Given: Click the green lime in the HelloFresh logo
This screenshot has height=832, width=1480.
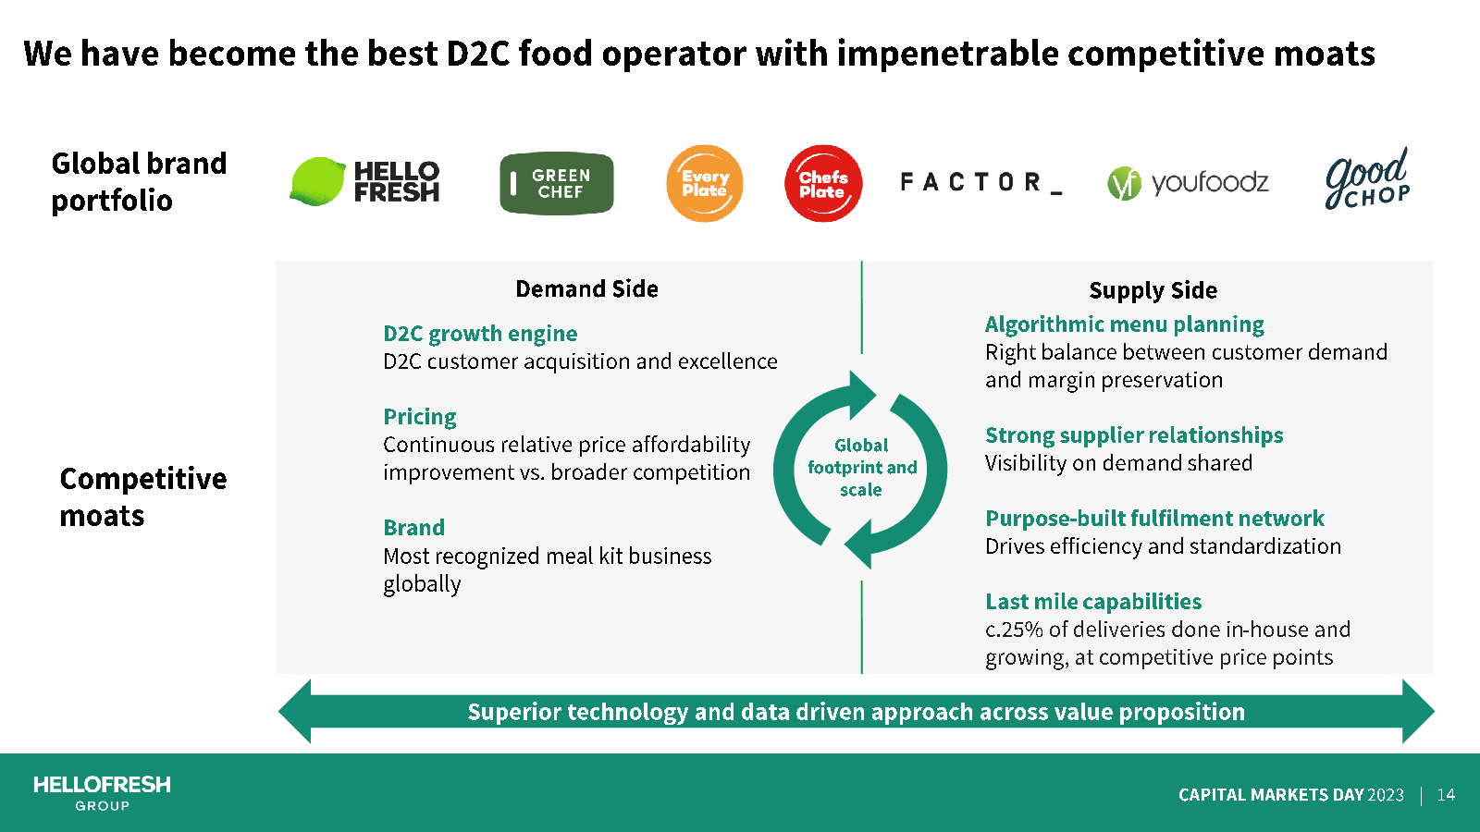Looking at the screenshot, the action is [x=318, y=181].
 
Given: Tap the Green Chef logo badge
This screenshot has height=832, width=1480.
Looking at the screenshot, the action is [x=556, y=183].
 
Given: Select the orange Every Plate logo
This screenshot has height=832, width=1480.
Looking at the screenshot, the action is [x=704, y=183].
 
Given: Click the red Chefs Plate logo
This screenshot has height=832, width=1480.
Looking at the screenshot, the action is [x=823, y=183].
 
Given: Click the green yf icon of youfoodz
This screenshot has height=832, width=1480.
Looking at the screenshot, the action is [x=1124, y=183].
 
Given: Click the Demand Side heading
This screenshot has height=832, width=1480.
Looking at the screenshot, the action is [x=586, y=288].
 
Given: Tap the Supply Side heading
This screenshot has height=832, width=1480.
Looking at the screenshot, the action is [x=1153, y=290].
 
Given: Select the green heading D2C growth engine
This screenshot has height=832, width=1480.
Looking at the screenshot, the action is [x=480, y=334].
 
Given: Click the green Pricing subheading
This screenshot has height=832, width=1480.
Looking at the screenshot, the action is [x=420, y=417].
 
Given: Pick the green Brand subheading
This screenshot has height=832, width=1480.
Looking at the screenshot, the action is [x=413, y=527].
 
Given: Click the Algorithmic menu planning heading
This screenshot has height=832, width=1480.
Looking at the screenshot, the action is [x=1124, y=324].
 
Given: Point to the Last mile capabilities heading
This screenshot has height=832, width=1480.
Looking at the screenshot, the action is [x=1093, y=601].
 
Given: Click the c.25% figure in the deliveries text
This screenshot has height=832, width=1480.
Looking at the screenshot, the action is [x=1014, y=630].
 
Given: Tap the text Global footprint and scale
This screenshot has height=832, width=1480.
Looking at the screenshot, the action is [x=861, y=468].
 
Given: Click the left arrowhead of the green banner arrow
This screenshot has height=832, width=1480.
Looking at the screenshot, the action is [x=295, y=711].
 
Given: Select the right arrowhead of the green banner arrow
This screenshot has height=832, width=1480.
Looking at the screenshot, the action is [x=1418, y=711].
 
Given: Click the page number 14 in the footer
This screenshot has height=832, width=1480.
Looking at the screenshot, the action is [x=1446, y=794].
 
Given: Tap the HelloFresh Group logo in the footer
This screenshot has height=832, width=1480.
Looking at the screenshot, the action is [x=102, y=792].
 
